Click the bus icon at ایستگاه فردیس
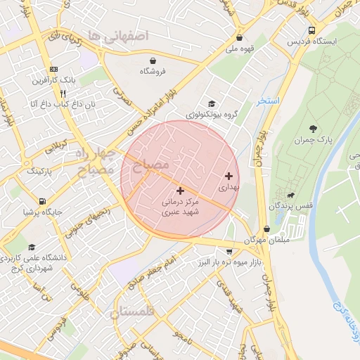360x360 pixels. click(x=311, y=30)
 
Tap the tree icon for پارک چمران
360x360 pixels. click(x=313, y=129)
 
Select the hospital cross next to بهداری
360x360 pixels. click(x=229, y=176)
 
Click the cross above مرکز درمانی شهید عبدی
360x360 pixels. click(x=181, y=191)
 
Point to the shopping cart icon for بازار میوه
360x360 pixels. click(x=230, y=251)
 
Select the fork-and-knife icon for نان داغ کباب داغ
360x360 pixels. click(x=63, y=93)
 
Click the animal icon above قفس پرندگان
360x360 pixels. click(x=290, y=195)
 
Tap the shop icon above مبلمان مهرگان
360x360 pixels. click(x=266, y=229)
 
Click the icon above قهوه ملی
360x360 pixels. click(x=240, y=38)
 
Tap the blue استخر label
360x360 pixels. click(x=268, y=101)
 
